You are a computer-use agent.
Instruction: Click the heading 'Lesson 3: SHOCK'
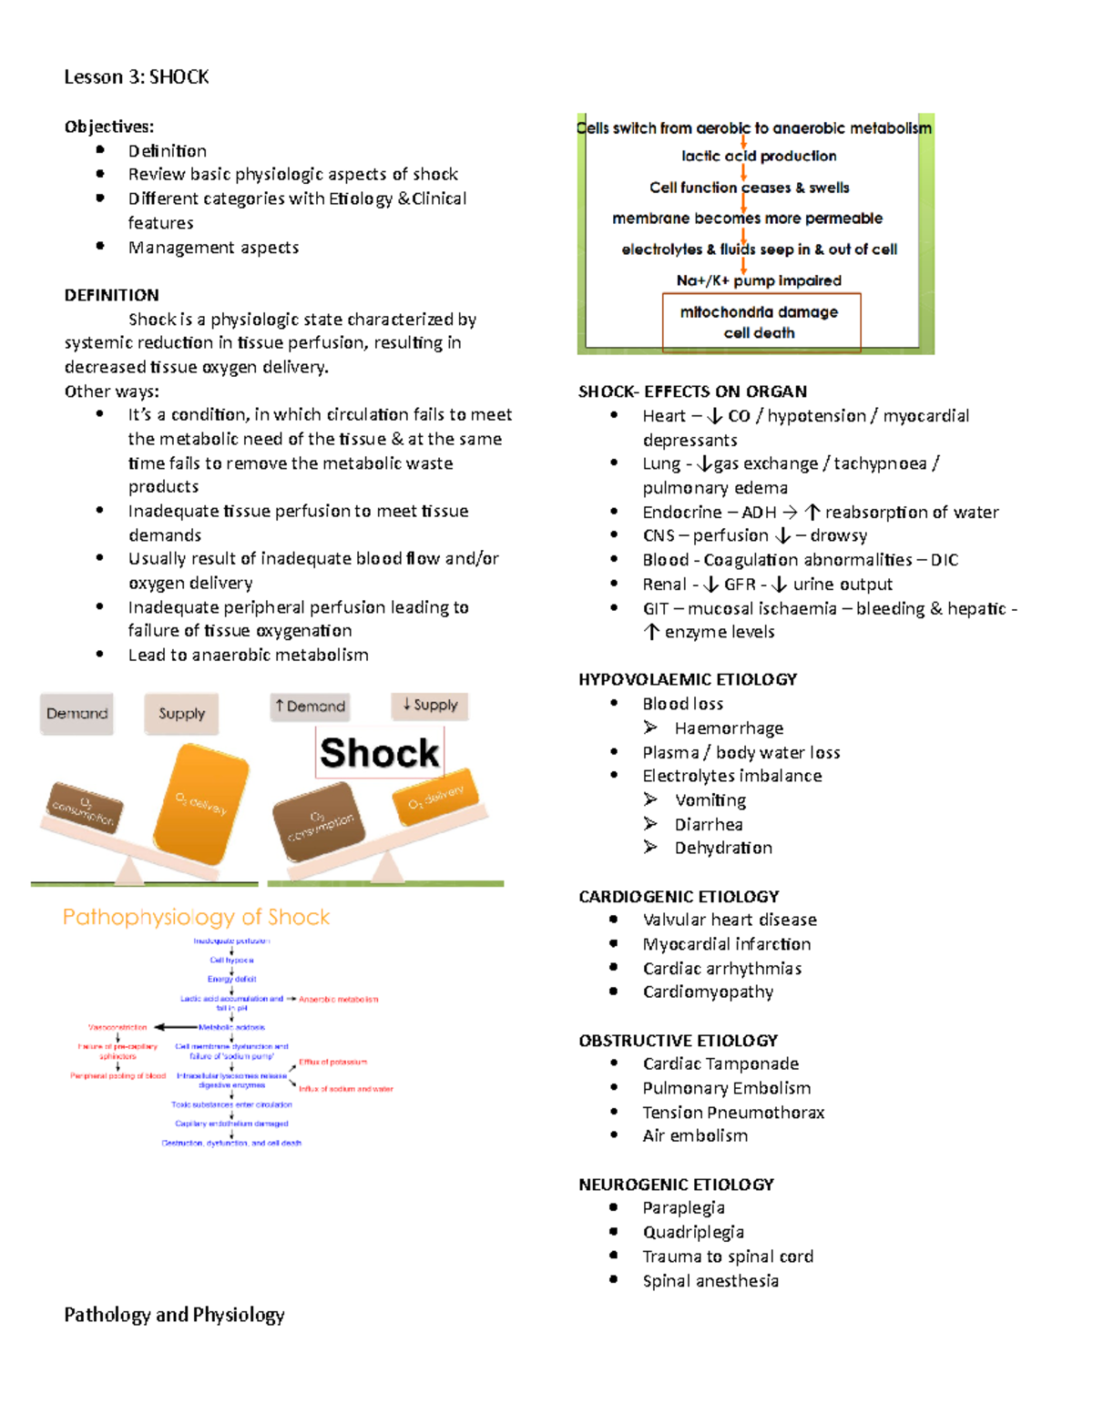pyautogui.click(x=137, y=77)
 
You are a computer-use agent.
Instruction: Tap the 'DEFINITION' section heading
pyautogui.click(x=111, y=295)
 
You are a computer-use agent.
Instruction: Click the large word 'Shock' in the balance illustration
pyautogui.click(x=379, y=753)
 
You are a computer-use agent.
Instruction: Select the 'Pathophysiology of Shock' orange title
pyautogui.click(x=196, y=917)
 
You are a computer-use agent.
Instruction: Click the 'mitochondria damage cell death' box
pyautogui.click(x=760, y=322)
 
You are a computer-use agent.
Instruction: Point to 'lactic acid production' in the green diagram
pyautogui.click(x=759, y=156)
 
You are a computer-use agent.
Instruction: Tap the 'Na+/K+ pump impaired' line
pyautogui.click(x=759, y=280)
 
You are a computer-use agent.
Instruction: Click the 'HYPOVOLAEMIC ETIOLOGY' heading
pyautogui.click(x=688, y=679)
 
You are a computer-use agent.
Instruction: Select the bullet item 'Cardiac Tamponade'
pyautogui.click(x=720, y=1063)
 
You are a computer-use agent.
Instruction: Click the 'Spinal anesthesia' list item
pyautogui.click(x=710, y=1281)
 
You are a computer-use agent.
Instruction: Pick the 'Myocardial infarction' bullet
pyautogui.click(x=727, y=944)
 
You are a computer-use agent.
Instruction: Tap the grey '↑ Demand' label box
pyautogui.click(x=311, y=707)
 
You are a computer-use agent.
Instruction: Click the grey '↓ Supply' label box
pyautogui.click(x=430, y=705)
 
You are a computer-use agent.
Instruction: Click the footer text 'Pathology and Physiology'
pyautogui.click(x=174, y=1315)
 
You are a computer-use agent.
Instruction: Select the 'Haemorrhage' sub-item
pyautogui.click(x=729, y=728)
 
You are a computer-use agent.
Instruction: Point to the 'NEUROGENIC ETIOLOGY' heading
pyautogui.click(x=676, y=1185)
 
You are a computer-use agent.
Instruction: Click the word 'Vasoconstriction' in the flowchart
pyautogui.click(x=117, y=1027)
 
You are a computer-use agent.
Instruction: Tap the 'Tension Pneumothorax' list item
pyautogui.click(x=733, y=1113)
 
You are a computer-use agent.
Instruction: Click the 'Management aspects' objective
pyautogui.click(x=213, y=248)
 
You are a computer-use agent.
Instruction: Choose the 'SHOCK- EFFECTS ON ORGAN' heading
pyautogui.click(x=692, y=392)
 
